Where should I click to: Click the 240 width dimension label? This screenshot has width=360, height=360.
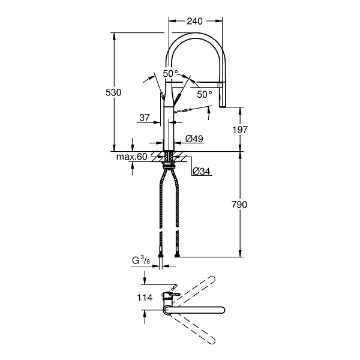[x=194, y=21]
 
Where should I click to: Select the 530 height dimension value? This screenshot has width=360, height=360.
[x=113, y=92]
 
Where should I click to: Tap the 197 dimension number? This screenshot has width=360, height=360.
[x=240, y=130]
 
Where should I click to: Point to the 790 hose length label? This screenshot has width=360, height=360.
[x=239, y=205]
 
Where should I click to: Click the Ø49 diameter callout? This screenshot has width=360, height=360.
[x=194, y=139]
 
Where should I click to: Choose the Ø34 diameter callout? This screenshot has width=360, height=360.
[x=201, y=171]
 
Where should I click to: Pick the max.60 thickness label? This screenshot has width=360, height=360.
[x=131, y=157]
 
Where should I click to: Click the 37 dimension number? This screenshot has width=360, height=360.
[x=145, y=118]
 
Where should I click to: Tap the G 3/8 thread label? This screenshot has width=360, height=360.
[x=141, y=260]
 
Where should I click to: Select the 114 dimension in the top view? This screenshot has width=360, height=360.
[x=145, y=298]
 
